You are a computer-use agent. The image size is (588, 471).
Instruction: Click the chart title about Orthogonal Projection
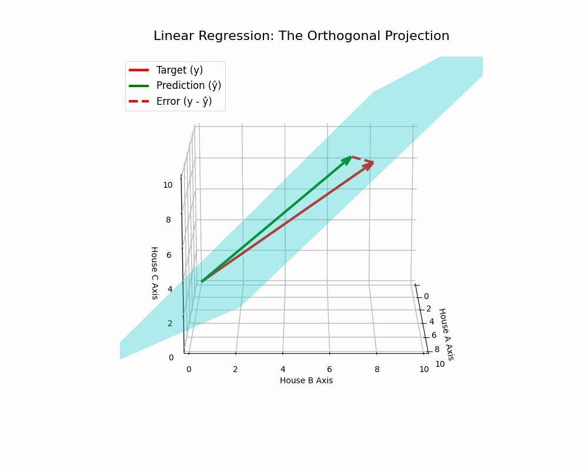(301, 36)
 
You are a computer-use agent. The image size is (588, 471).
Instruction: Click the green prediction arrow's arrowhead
(348, 160)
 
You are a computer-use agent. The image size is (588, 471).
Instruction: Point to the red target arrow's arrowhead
(369, 165)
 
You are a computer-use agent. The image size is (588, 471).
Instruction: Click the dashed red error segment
(362, 160)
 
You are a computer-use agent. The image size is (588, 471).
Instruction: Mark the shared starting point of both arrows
(202, 281)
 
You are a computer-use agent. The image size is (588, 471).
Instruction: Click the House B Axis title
(306, 380)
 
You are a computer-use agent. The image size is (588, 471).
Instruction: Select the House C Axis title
(154, 273)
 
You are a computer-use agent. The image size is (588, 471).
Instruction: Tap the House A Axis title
(446, 334)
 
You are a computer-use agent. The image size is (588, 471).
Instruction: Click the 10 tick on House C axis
(168, 185)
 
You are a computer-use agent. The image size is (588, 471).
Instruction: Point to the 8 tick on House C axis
(168, 220)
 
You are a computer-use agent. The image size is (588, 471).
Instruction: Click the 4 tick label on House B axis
(283, 369)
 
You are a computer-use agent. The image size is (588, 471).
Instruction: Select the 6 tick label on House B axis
(329, 369)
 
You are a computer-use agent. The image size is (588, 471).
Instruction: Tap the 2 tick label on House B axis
(235, 369)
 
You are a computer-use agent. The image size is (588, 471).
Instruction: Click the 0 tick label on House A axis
(426, 296)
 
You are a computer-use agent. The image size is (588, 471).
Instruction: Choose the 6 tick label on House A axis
(434, 335)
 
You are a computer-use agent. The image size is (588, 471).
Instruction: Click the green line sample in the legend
(139, 85)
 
